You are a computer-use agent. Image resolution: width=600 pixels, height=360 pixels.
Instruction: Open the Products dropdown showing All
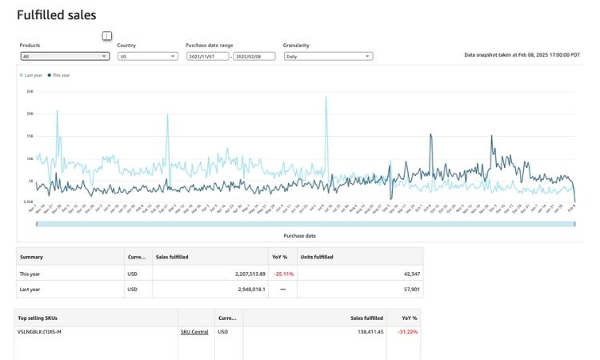64,57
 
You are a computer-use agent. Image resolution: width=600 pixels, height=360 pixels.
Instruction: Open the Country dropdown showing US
147,57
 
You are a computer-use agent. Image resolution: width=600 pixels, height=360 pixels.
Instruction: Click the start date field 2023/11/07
207,57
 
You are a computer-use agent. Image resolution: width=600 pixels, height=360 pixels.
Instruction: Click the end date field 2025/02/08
254,57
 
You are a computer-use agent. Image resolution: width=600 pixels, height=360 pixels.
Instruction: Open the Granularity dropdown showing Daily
328,57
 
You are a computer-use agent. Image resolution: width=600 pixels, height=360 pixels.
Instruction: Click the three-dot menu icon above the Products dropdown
107,36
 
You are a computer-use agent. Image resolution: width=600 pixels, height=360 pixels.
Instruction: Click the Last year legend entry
32,74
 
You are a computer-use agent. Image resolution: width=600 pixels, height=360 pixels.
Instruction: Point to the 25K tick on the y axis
30,91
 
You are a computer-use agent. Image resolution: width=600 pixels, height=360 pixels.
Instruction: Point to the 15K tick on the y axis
30,136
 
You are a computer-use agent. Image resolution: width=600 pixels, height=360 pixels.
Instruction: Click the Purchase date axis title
300,236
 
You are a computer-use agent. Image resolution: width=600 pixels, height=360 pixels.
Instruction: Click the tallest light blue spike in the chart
326,98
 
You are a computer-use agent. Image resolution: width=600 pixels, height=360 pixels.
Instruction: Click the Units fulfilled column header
316,257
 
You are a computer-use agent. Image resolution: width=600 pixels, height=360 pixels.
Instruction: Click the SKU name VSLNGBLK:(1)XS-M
40,331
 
